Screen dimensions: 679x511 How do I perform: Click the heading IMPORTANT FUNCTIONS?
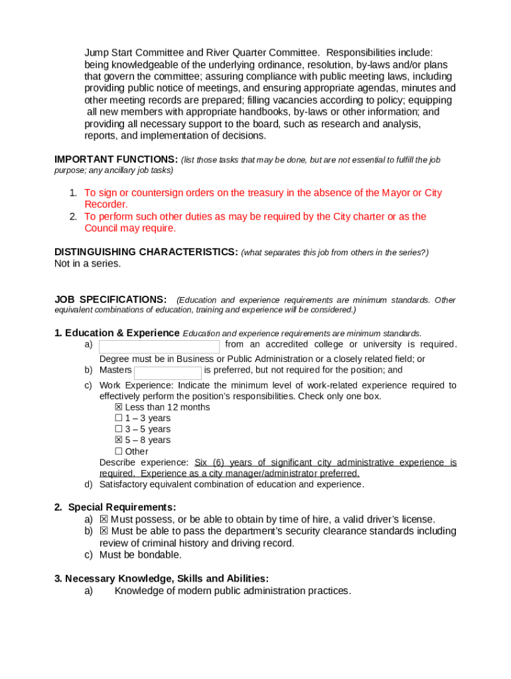click(115, 160)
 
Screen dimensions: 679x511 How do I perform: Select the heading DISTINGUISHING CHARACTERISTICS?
click(146, 252)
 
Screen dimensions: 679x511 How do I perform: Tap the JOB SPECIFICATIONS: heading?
click(110, 300)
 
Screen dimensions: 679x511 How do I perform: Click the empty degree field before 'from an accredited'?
click(159, 347)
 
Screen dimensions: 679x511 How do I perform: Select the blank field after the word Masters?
click(168, 373)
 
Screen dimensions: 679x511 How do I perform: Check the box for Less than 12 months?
click(119, 407)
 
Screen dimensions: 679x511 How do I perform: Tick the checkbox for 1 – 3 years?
click(119, 418)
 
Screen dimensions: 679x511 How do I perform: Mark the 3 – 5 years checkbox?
click(119, 429)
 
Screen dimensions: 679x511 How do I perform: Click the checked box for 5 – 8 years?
click(119, 440)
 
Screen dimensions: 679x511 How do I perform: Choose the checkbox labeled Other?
click(119, 452)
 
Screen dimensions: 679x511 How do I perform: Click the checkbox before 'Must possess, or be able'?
click(104, 519)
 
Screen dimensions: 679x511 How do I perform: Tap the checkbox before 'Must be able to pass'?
click(104, 531)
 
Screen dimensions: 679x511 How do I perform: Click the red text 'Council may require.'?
click(130, 229)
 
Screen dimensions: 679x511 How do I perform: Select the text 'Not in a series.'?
click(88, 264)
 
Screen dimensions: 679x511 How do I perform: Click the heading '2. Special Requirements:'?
click(115, 507)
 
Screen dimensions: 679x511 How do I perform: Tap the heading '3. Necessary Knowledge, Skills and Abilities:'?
click(161, 579)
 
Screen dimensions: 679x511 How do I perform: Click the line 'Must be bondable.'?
click(140, 555)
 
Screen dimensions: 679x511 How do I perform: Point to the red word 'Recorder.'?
click(106, 205)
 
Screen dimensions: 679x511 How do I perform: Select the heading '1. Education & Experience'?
click(117, 333)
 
